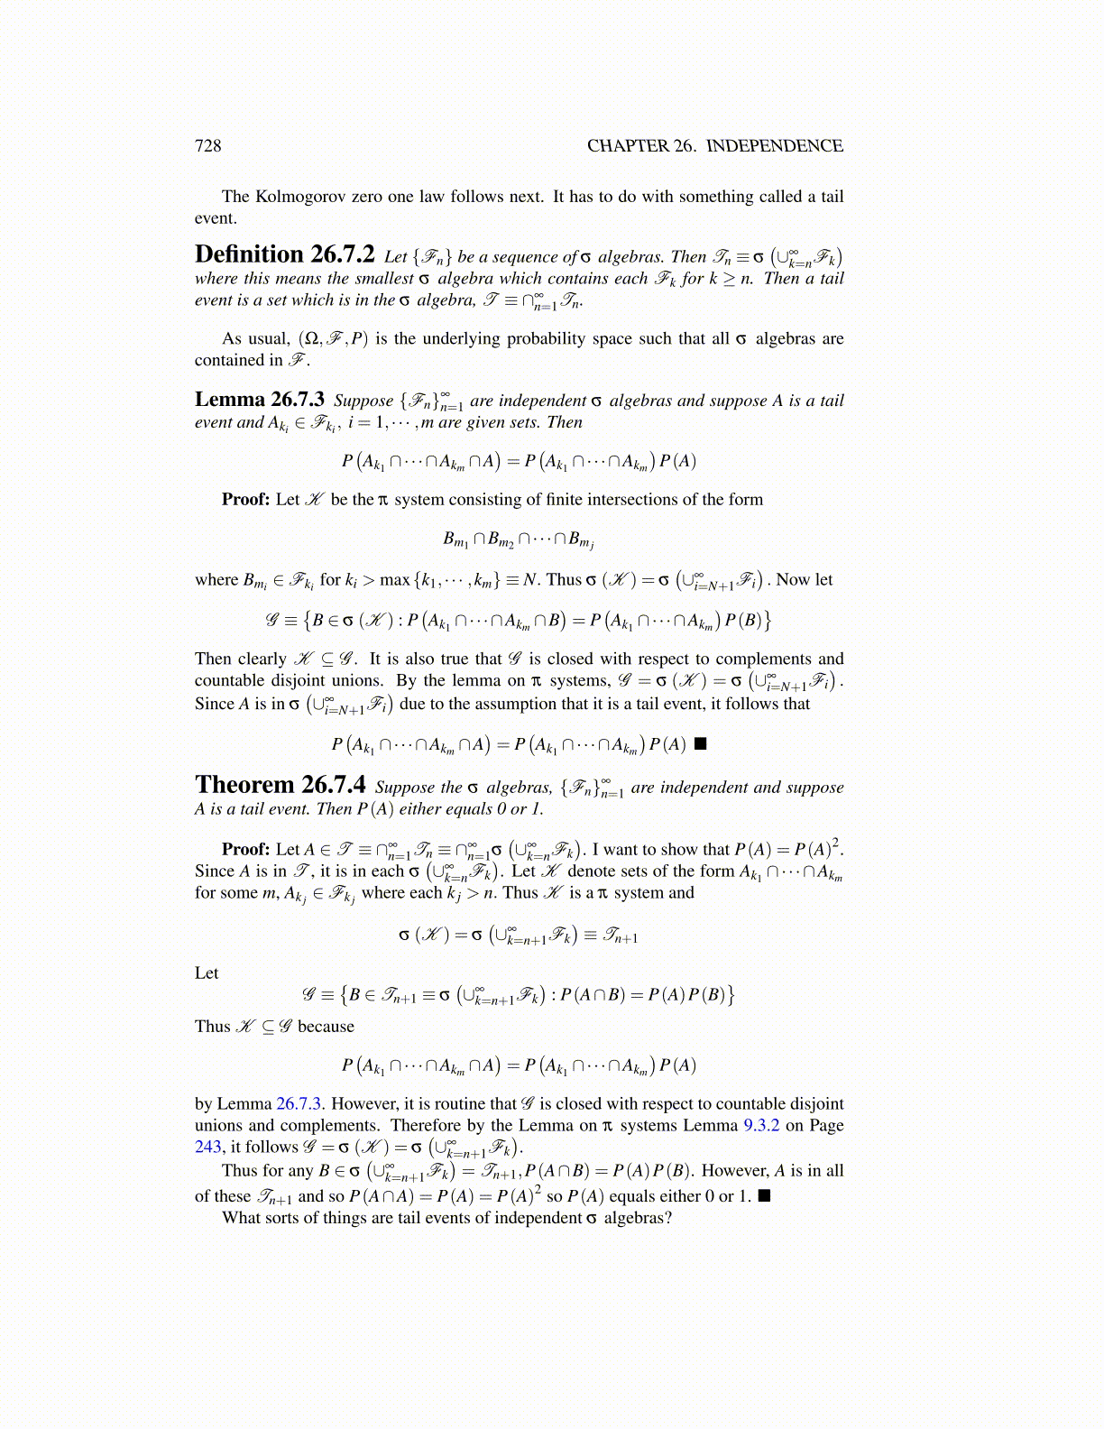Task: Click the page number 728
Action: [x=207, y=146]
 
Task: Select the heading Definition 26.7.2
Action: [x=284, y=255]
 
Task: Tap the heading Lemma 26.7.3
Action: [x=260, y=400]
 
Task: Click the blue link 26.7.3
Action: [x=301, y=1104]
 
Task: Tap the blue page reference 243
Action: [x=207, y=1148]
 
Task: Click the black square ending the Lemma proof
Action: [x=701, y=744]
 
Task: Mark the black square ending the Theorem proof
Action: [x=764, y=1196]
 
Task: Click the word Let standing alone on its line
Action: [x=207, y=973]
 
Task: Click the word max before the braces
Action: [x=394, y=580]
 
